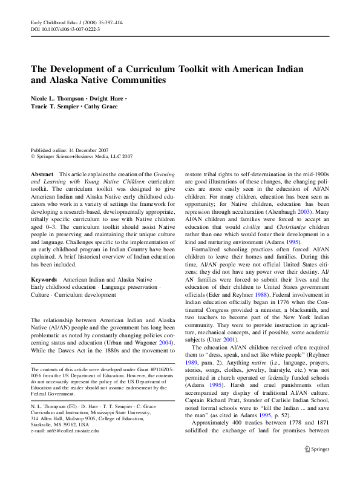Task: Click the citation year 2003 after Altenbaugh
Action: (301, 213)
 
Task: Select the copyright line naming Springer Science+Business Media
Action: (82, 156)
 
